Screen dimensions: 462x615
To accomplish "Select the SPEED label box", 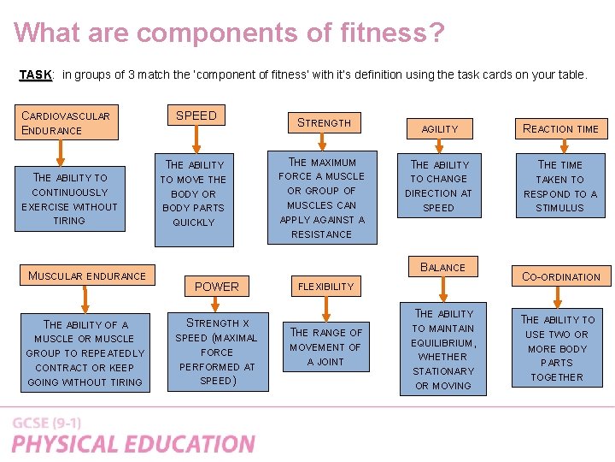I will [x=196, y=116].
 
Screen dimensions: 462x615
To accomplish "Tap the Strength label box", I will [x=324, y=122].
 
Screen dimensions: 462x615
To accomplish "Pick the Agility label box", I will [x=440, y=128].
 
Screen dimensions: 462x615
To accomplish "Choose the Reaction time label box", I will [x=560, y=128].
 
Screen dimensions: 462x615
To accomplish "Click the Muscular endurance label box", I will [x=87, y=275].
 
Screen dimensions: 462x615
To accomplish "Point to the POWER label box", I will [x=217, y=287].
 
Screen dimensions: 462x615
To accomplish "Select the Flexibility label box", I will [x=325, y=287].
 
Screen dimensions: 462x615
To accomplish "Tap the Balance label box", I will [x=442, y=267].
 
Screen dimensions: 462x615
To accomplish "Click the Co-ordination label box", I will [x=561, y=276].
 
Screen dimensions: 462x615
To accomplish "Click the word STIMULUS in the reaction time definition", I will [x=560, y=208].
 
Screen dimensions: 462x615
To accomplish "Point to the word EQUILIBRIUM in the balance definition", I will [x=444, y=342].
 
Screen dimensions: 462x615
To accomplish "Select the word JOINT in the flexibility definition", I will [x=325, y=362].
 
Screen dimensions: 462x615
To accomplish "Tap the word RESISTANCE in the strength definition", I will [x=321, y=234].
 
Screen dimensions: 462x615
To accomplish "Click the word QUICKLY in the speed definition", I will [x=194, y=222].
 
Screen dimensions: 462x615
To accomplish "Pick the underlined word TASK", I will [x=35, y=75].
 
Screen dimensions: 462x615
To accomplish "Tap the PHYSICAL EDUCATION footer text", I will [x=133, y=444].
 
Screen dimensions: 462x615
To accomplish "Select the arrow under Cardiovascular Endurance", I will [x=60, y=151].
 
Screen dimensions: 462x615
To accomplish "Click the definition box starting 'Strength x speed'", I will [x=216, y=352].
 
